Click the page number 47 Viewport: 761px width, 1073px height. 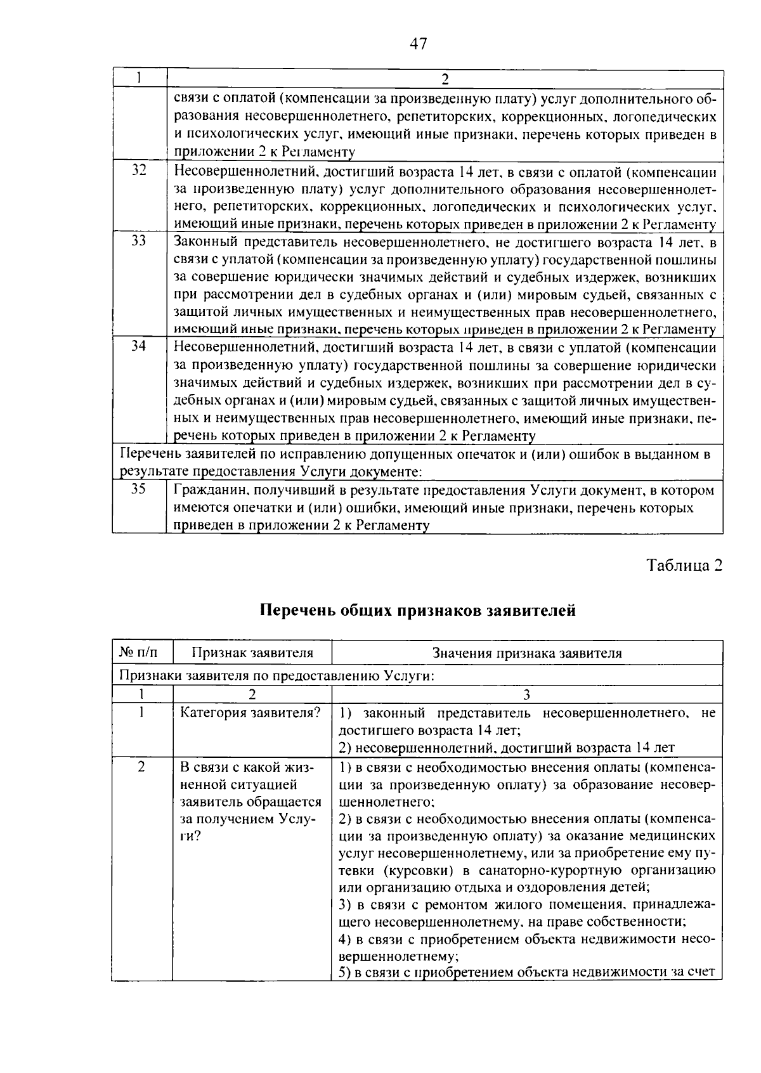[419, 44]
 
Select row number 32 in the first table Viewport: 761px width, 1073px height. [139, 170]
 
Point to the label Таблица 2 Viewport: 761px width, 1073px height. [684, 566]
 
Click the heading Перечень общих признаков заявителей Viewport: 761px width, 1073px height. [418, 611]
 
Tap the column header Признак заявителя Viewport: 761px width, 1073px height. [252, 653]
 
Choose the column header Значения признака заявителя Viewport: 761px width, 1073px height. [527, 653]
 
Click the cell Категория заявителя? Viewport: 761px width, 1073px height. [251, 713]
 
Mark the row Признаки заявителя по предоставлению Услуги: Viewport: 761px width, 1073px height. [277, 675]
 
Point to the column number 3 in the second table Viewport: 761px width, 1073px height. [527, 695]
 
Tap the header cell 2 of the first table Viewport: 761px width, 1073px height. [445, 79]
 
